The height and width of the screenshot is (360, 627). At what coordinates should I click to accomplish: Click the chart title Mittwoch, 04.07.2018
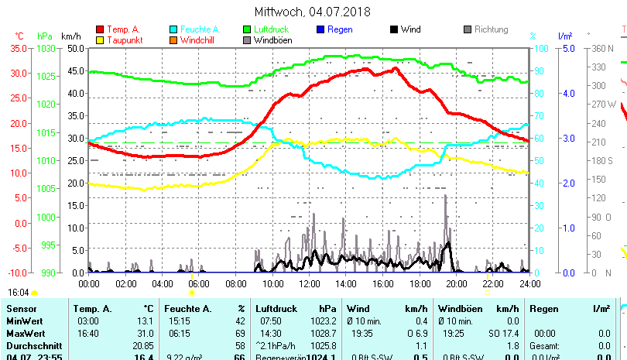pyautogui.click(x=312, y=12)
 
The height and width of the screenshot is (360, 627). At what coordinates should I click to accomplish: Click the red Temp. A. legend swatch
pyautogui.click(x=100, y=29)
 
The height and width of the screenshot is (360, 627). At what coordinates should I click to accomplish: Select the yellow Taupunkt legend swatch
pyautogui.click(x=100, y=39)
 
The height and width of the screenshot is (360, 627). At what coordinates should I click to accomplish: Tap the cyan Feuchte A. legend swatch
pyautogui.click(x=173, y=29)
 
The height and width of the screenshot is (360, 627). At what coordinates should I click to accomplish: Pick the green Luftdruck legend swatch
pyautogui.click(x=247, y=29)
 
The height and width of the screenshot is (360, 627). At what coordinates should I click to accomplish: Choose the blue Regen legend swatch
pyautogui.click(x=320, y=29)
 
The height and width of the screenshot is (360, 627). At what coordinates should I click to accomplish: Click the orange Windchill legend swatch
pyautogui.click(x=173, y=39)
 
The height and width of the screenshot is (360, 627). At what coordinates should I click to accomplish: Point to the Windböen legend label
pyautogui.click(x=272, y=39)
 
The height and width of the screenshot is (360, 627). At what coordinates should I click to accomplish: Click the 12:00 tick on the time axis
pyautogui.click(x=309, y=284)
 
